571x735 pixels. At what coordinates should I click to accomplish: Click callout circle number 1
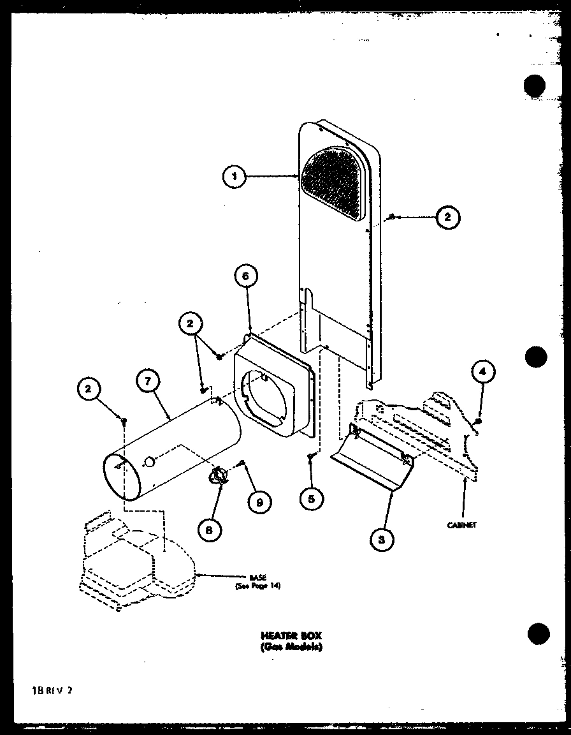235,177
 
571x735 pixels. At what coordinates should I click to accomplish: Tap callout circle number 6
247,276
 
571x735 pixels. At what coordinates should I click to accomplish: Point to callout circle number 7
147,381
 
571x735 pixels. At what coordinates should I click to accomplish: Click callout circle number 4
483,371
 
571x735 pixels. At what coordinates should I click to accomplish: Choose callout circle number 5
310,499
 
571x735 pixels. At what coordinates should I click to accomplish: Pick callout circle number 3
381,540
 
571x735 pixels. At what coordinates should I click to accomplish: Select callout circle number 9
259,502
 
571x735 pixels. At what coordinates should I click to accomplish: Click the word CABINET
462,525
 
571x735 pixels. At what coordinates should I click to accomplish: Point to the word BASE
257,577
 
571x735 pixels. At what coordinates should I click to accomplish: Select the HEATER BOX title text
291,635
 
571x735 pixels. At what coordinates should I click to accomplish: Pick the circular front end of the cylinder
122,477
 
